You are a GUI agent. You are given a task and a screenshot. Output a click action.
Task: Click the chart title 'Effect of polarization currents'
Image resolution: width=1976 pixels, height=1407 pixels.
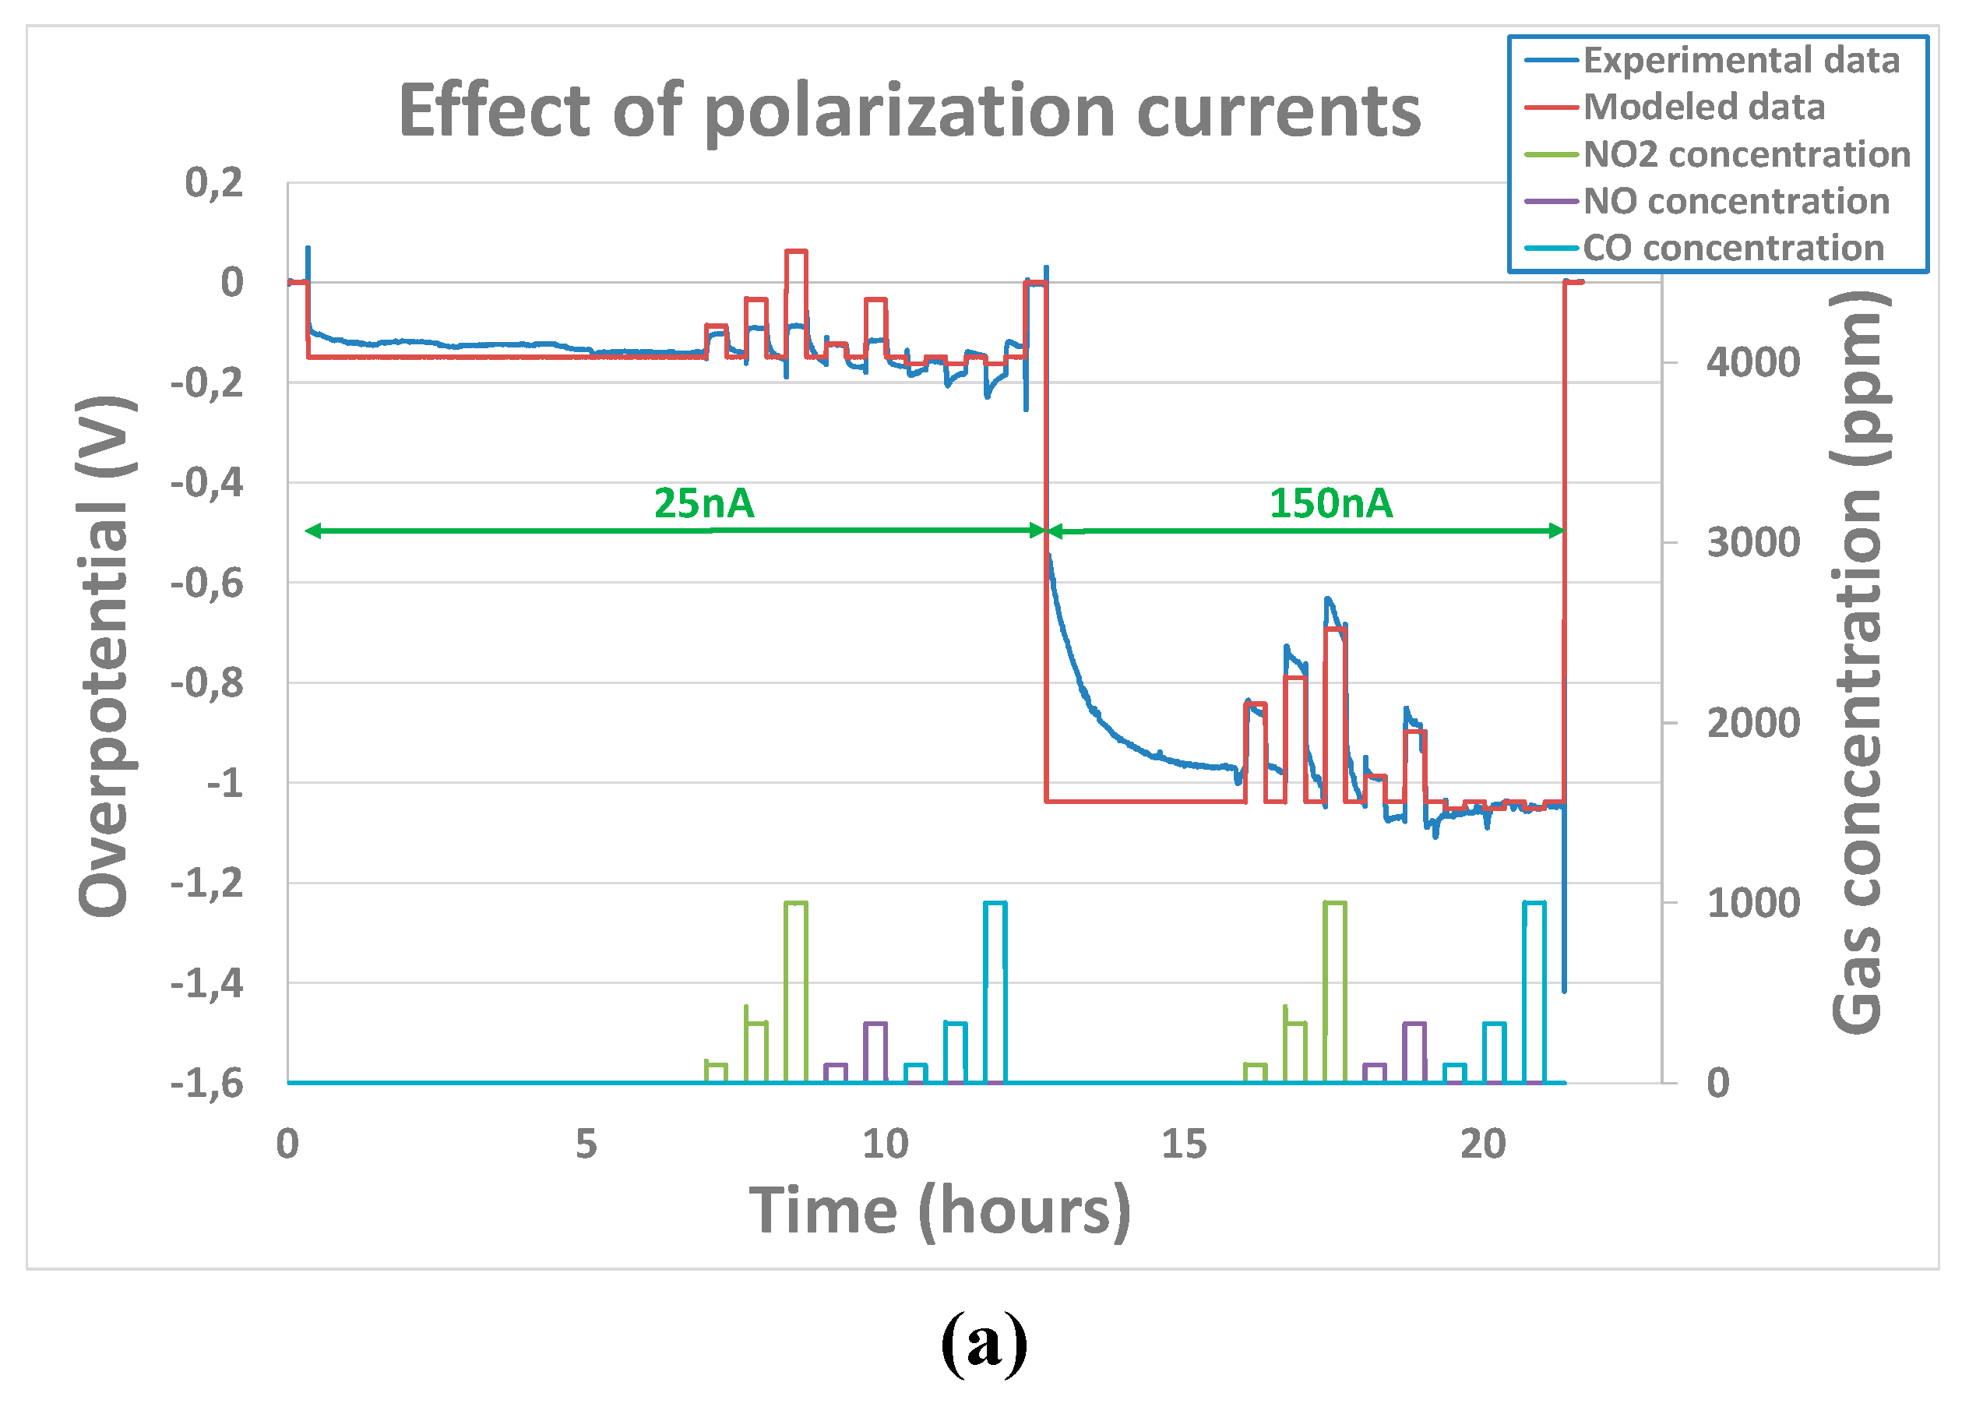pyautogui.click(x=909, y=113)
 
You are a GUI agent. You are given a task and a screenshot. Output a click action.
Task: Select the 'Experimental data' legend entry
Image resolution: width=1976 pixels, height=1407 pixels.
pyautogui.click(x=1741, y=61)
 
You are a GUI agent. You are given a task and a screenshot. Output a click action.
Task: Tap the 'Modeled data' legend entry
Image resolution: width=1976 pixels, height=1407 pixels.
pyautogui.click(x=1703, y=108)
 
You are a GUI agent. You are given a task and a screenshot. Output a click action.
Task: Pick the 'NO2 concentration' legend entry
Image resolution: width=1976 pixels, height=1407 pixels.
pyautogui.click(x=1745, y=154)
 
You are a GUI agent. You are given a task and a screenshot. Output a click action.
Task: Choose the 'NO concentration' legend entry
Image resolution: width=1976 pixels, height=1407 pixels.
pyautogui.click(x=1735, y=201)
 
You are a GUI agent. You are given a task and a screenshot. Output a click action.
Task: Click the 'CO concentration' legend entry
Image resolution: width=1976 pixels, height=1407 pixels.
pyautogui.click(x=1733, y=248)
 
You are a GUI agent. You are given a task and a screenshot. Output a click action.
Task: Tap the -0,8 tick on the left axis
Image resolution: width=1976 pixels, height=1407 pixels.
pyautogui.click(x=208, y=683)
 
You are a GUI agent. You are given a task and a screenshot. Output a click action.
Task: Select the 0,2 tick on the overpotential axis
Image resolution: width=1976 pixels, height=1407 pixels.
pyautogui.click(x=214, y=183)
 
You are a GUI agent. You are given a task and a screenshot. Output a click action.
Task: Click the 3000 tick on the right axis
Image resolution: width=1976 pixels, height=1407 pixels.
pyautogui.click(x=1752, y=543)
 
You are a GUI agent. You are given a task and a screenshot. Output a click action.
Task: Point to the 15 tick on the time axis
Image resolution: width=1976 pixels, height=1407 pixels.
pyautogui.click(x=1184, y=1145)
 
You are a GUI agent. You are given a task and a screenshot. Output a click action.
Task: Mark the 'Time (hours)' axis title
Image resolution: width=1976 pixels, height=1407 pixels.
pyautogui.click(x=939, y=1211)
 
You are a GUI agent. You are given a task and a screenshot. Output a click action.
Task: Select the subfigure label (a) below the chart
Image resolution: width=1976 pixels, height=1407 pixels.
pyautogui.click(x=984, y=1344)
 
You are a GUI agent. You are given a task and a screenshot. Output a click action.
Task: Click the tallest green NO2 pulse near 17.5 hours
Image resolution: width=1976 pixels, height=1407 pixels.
pyautogui.click(x=1334, y=988)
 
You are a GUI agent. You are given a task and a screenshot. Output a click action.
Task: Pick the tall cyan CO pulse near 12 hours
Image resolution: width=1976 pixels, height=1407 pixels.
pyautogui.click(x=995, y=988)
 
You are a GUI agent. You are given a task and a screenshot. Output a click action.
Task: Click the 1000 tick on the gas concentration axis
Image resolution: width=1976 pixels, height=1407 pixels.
pyautogui.click(x=1752, y=904)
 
